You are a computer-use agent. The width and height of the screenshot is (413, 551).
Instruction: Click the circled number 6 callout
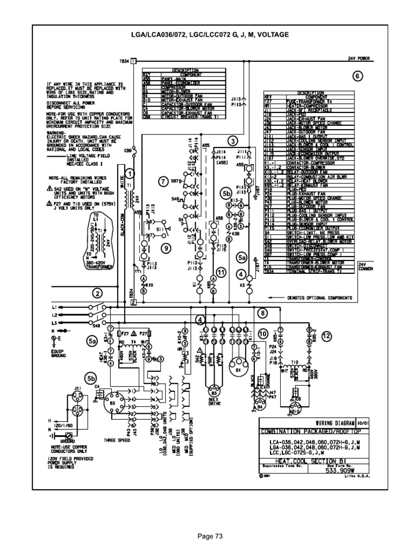coord(357,76)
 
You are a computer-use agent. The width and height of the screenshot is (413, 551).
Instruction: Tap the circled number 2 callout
coord(97,293)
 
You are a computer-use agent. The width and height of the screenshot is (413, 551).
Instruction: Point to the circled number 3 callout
coord(232,142)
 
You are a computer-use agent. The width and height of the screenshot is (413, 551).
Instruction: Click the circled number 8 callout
coord(263,313)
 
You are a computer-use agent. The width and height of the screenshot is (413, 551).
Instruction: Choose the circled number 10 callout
coord(263,334)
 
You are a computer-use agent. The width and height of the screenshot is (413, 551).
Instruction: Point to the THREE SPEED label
coord(113,440)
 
